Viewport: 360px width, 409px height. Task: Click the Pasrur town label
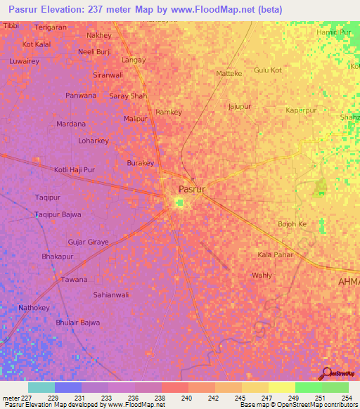[191, 190]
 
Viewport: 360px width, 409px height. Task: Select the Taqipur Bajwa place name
[58, 214]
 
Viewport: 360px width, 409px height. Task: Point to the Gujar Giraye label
[88, 242]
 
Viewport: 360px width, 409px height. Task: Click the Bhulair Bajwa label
[77, 323]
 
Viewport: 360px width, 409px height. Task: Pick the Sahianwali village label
[111, 295]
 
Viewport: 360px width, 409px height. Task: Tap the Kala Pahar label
[275, 254]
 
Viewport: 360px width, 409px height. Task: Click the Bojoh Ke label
[292, 224]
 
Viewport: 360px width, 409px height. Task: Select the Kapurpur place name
[302, 110]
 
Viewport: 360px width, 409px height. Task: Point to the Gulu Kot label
[267, 70]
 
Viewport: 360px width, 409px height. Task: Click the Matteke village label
[229, 73]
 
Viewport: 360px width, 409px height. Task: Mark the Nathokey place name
[34, 308]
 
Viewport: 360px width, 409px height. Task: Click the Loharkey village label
[94, 141]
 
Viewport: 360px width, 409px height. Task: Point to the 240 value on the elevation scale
[188, 398]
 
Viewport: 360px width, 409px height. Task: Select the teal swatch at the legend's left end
[41, 387]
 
